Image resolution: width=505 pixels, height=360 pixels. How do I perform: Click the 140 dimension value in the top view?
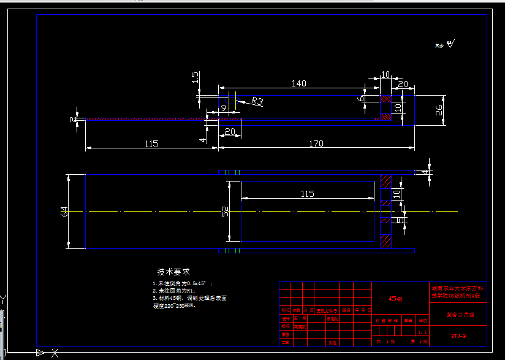coord(298,83)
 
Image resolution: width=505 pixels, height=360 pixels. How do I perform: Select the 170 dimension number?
coord(316,144)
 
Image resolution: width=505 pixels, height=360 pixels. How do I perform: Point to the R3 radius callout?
coord(256,101)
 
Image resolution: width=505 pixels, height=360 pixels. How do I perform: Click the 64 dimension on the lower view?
coord(64,212)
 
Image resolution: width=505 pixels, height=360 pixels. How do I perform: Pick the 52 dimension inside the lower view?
coord(225,212)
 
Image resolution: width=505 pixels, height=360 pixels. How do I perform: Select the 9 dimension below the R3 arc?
coord(223,108)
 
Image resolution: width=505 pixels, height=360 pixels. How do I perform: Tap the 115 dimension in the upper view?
coord(151,144)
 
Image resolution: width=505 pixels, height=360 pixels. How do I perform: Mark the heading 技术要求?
coord(173,272)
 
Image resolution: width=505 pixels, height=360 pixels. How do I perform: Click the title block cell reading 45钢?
coord(395,299)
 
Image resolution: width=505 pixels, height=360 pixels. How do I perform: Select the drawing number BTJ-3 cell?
coord(458,335)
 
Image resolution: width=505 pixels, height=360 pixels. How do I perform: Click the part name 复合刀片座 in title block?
coord(458,314)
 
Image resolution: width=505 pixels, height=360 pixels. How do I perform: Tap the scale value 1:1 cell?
coord(422,332)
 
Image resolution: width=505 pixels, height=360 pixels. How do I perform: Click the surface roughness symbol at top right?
coord(450,44)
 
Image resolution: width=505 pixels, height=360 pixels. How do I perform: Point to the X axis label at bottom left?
coord(55,353)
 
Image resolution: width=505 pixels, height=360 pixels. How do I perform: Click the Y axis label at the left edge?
coord(3,299)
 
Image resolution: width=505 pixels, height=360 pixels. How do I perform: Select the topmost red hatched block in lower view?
coord(385,182)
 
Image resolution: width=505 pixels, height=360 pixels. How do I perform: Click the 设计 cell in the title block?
coord(285,319)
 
